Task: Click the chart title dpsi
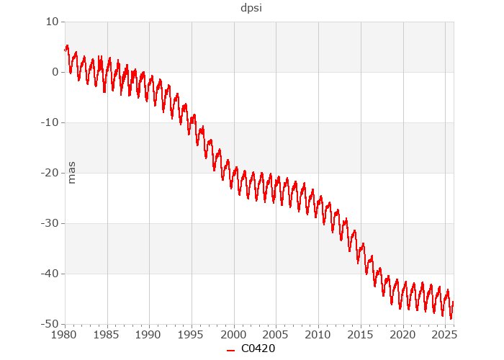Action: click(x=251, y=9)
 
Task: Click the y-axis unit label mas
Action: click(x=71, y=173)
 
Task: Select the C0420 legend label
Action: click(x=258, y=349)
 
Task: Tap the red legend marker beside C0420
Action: click(x=231, y=350)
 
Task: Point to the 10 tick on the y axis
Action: click(x=51, y=22)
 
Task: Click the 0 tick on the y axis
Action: click(x=55, y=72)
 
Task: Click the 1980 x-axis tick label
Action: click(x=65, y=335)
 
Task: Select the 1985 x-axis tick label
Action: click(x=107, y=335)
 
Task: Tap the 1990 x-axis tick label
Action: click(x=149, y=335)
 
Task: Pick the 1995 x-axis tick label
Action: click(x=192, y=335)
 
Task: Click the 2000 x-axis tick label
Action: click(x=234, y=335)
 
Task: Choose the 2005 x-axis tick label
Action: click(x=276, y=335)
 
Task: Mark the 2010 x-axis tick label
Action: click(x=318, y=335)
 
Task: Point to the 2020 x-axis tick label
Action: click(x=402, y=335)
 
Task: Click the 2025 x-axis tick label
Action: click(x=445, y=335)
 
